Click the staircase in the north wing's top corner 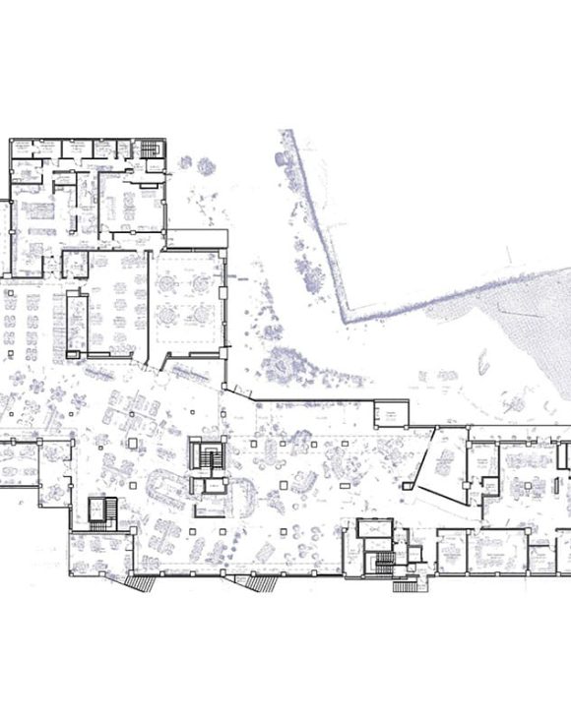(x=151, y=150)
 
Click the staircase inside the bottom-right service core (x=381, y=564)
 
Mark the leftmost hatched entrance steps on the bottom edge (x=139, y=582)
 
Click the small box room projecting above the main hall (x=392, y=414)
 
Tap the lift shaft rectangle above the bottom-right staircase (x=374, y=529)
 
